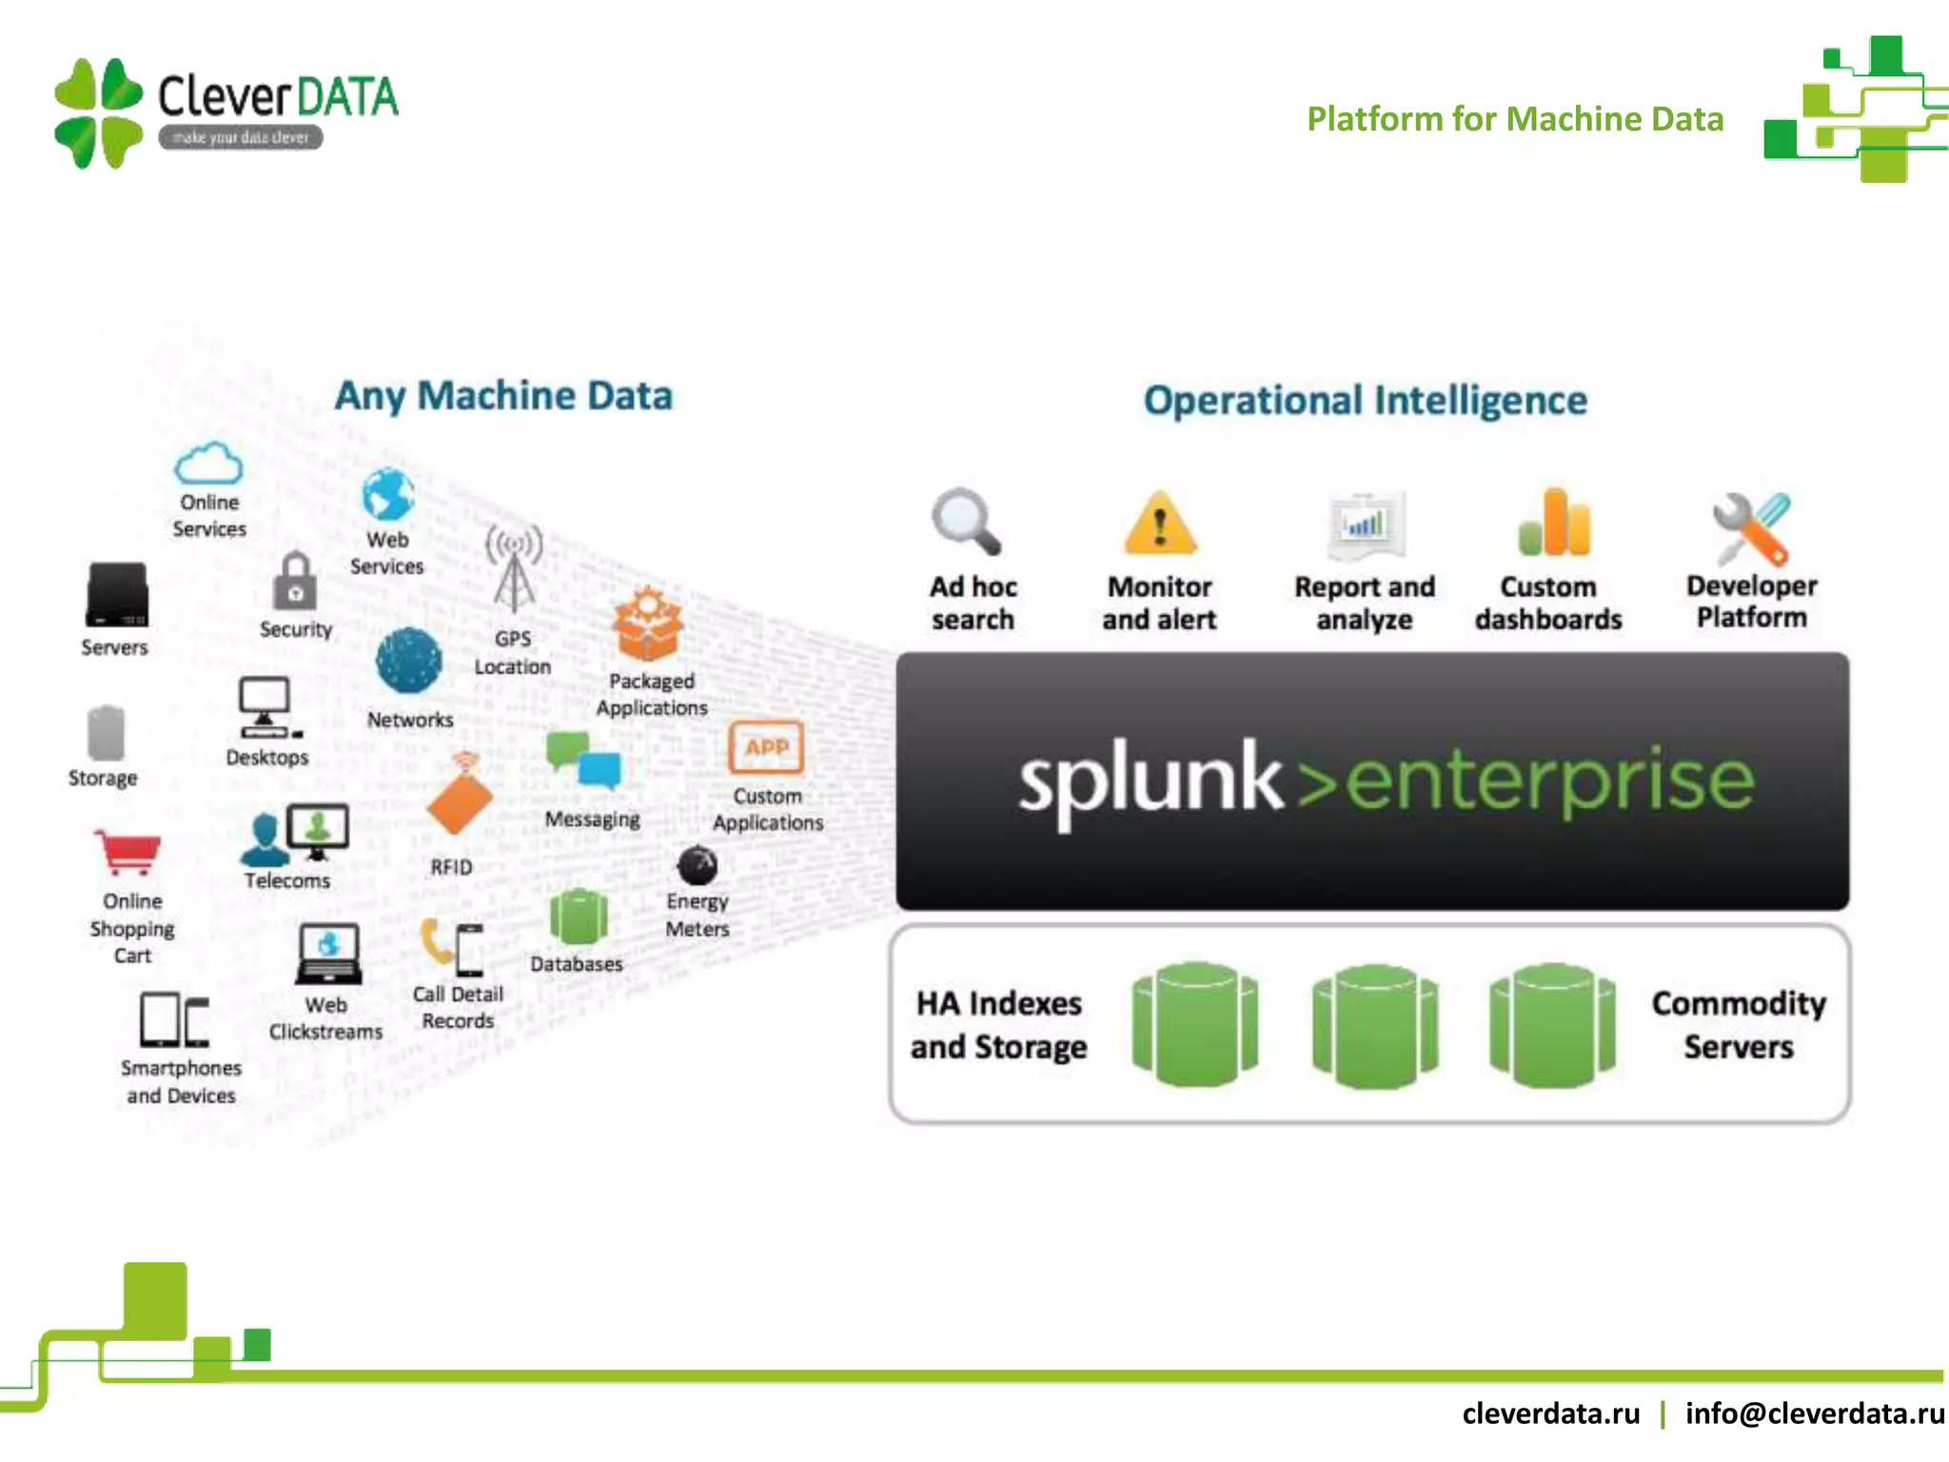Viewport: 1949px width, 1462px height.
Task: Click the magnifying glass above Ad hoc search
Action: [x=965, y=522]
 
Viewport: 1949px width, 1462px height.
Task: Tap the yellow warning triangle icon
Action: [x=1159, y=524]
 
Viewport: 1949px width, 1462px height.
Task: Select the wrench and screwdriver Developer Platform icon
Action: [x=1751, y=528]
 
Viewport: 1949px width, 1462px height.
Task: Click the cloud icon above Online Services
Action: [x=208, y=464]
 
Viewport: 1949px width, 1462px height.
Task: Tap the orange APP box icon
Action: [x=766, y=748]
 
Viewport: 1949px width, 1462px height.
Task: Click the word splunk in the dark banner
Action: [x=1150, y=781]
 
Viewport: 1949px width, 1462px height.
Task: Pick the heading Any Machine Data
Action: [x=503, y=396]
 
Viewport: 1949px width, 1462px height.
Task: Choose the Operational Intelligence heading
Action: [x=1365, y=401]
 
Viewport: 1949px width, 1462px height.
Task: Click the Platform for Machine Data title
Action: [x=1514, y=119]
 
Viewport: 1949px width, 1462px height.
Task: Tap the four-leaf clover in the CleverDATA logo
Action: [x=99, y=113]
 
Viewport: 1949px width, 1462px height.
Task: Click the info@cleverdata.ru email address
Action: [x=1814, y=1413]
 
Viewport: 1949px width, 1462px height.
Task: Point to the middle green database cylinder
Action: [x=1374, y=1025]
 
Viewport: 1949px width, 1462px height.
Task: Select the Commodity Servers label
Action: [x=1739, y=1025]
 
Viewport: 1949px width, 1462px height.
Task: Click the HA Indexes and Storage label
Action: [x=998, y=1025]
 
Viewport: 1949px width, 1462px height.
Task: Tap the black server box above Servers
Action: [x=117, y=595]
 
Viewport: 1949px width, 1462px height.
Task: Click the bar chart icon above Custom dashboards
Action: [x=1553, y=523]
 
